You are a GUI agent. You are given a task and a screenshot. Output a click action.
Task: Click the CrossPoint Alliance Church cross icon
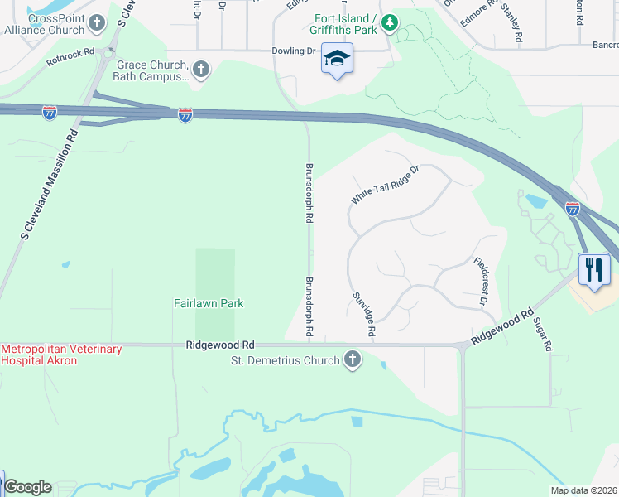[x=98, y=22]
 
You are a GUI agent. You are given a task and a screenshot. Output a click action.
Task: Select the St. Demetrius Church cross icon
[x=353, y=360]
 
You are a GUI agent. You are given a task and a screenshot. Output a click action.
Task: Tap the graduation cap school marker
[x=337, y=59]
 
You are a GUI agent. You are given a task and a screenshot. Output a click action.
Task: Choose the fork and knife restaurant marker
[x=594, y=268]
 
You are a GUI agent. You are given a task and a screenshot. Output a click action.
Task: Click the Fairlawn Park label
[x=209, y=303]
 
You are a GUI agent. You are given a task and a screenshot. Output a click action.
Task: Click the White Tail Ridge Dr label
[x=386, y=185]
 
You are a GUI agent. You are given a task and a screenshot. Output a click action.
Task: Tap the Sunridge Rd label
[x=364, y=314]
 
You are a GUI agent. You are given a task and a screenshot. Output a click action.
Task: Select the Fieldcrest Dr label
[x=481, y=282]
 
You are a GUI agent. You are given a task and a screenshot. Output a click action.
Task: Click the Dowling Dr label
[x=295, y=51]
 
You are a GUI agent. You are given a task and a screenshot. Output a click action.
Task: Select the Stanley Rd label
[x=511, y=24]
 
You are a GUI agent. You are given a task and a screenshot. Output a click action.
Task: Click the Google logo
[x=27, y=487]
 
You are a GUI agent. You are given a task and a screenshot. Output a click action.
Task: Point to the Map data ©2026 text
[x=583, y=490]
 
